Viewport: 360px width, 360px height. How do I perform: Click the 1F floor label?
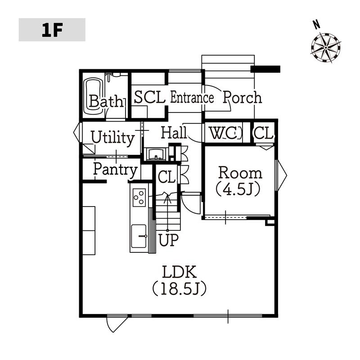coord(52,30)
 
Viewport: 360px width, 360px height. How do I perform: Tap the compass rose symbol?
coord(326,48)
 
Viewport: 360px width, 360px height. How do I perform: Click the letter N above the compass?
coord(317,25)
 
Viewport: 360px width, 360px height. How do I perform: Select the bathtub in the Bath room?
coord(93,96)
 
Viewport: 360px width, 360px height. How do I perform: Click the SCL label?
coord(150,97)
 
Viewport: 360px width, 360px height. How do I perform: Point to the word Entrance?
coord(192,97)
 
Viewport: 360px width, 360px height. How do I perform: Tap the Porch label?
coord(242,97)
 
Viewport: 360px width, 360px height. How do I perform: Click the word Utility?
coord(112,138)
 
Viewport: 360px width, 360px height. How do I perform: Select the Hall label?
coord(174,132)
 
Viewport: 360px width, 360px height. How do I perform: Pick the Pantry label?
coord(115,170)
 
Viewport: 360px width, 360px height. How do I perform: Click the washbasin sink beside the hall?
coord(156,154)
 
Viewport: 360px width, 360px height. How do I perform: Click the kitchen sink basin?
coord(139,236)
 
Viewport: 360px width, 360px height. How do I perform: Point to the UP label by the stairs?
coord(168,240)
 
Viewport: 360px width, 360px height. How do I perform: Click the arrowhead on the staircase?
coord(167,198)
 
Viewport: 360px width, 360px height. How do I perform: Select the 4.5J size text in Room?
coord(238,189)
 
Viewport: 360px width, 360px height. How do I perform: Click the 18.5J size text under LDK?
coord(179,288)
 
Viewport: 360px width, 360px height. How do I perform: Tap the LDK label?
coord(179,272)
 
